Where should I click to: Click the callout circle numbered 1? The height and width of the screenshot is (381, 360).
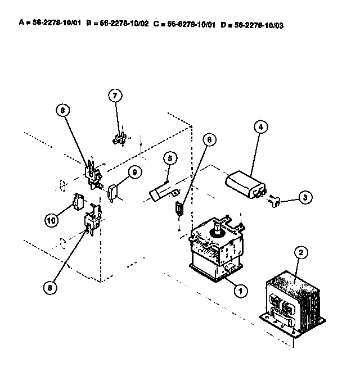pos(240,291)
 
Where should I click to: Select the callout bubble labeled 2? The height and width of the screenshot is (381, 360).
pos(301,253)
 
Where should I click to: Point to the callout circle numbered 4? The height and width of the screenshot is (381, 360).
pos(260,127)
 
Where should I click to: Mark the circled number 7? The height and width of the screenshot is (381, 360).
pos(115,96)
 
